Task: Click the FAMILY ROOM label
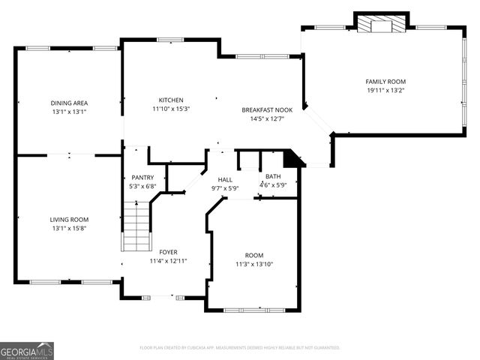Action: [x=385, y=81]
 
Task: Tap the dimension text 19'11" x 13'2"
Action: [x=385, y=90]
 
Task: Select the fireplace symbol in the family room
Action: [x=382, y=25]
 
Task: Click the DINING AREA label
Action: [x=69, y=103]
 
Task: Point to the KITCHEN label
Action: [x=171, y=100]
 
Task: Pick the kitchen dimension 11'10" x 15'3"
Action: [x=171, y=109]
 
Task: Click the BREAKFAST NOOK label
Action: [x=267, y=109]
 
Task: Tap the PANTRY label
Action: [x=142, y=177]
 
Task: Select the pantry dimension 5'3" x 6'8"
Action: [x=142, y=186]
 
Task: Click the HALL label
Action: [x=225, y=180]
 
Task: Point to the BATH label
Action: [x=273, y=176]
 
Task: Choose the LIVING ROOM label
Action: [x=69, y=219]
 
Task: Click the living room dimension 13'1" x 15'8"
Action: [x=69, y=228]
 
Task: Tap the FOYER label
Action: [x=168, y=252]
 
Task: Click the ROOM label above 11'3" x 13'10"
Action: [x=254, y=255]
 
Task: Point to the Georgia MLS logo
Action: [x=27, y=350]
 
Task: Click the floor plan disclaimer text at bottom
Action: [x=240, y=348]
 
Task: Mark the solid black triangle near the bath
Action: [x=292, y=159]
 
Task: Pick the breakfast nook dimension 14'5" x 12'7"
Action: [x=267, y=118]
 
